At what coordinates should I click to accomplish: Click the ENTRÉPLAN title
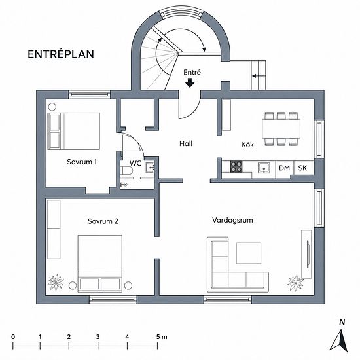click(x=61, y=54)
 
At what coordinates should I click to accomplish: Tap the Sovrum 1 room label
click(x=82, y=162)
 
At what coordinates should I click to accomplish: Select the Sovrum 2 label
click(x=103, y=221)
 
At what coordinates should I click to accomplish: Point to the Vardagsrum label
click(x=232, y=220)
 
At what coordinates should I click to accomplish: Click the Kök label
click(x=247, y=145)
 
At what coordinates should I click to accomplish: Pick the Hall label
click(x=186, y=144)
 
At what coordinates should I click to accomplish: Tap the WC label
click(x=135, y=163)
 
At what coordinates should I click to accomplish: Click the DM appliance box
click(x=285, y=168)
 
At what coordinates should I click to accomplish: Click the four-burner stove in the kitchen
click(x=236, y=167)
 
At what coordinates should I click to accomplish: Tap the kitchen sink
click(x=264, y=168)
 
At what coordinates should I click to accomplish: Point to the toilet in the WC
click(x=128, y=171)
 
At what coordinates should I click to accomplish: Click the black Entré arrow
click(x=190, y=83)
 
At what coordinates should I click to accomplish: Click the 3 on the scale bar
click(x=98, y=337)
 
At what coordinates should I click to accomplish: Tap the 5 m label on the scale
click(x=162, y=337)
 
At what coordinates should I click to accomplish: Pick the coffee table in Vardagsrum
click(x=249, y=253)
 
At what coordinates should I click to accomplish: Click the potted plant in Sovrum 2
click(x=56, y=282)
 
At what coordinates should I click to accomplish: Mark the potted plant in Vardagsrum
click(x=295, y=283)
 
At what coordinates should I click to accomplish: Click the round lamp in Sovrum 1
click(x=52, y=107)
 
